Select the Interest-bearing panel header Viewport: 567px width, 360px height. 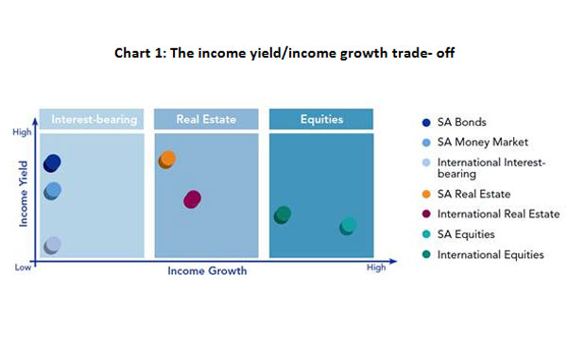pyautogui.click(x=94, y=120)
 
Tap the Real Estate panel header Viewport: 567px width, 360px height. pyautogui.click(x=204, y=120)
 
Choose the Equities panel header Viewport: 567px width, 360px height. pyautogui.click(x=321, y=120)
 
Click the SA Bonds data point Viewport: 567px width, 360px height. pyautogui.click(x=52, y=163)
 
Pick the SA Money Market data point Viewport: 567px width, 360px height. pyautogui.click(x=53, y=191)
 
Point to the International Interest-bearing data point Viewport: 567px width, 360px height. pyautogui.click(x=53, y=246)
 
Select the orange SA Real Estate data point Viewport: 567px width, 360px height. pyautogui.click(x=167, y=159)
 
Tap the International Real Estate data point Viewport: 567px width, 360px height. pyautogui.click(x=193, y=199)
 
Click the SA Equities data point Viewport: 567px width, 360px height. pyautogui.click(x=349, y=226)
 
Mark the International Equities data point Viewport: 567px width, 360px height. pyautogui.click(x=283, y=215)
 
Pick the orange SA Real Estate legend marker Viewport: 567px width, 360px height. pyautogui.click(x=427, y=195)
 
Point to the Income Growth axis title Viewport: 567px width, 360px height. pyautogui.click(x=207, y=271)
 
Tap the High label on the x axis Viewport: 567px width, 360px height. pyautogui.click(x=376, y=268)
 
